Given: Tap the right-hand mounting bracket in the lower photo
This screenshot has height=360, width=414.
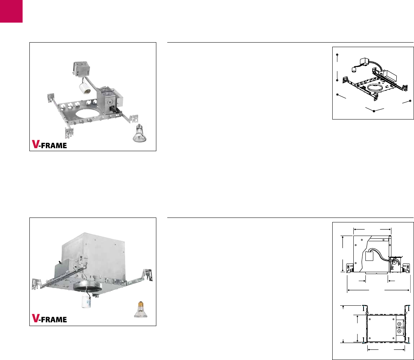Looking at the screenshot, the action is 146,274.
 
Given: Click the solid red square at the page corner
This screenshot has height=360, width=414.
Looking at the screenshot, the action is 11,11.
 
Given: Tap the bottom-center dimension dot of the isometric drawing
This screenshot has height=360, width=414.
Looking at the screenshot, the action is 374,111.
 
